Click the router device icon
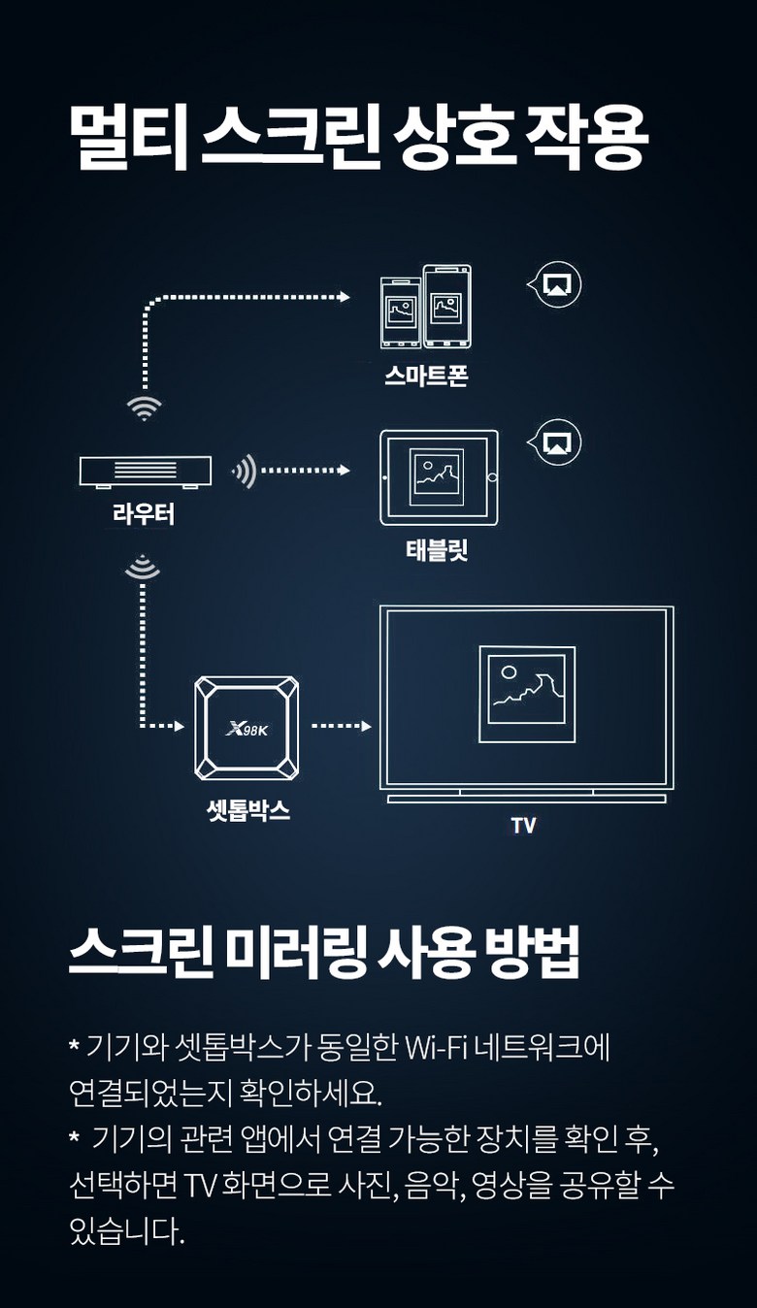click(145, 471)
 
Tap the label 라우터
click(144, 514)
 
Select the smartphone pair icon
click(426, 306)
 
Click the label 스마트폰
click(426, 376)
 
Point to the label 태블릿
click(438, 551)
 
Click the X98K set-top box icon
click(246, 727)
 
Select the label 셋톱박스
click(248, 811)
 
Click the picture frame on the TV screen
click(527, 694)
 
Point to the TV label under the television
click(523, 826)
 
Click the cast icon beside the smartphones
click(558, 284)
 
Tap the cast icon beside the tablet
click(558, 442)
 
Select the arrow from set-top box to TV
click(341, 726)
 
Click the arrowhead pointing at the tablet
click(344, 471)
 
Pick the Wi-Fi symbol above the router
click(145, 407)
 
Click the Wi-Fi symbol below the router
click(144, 569)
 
